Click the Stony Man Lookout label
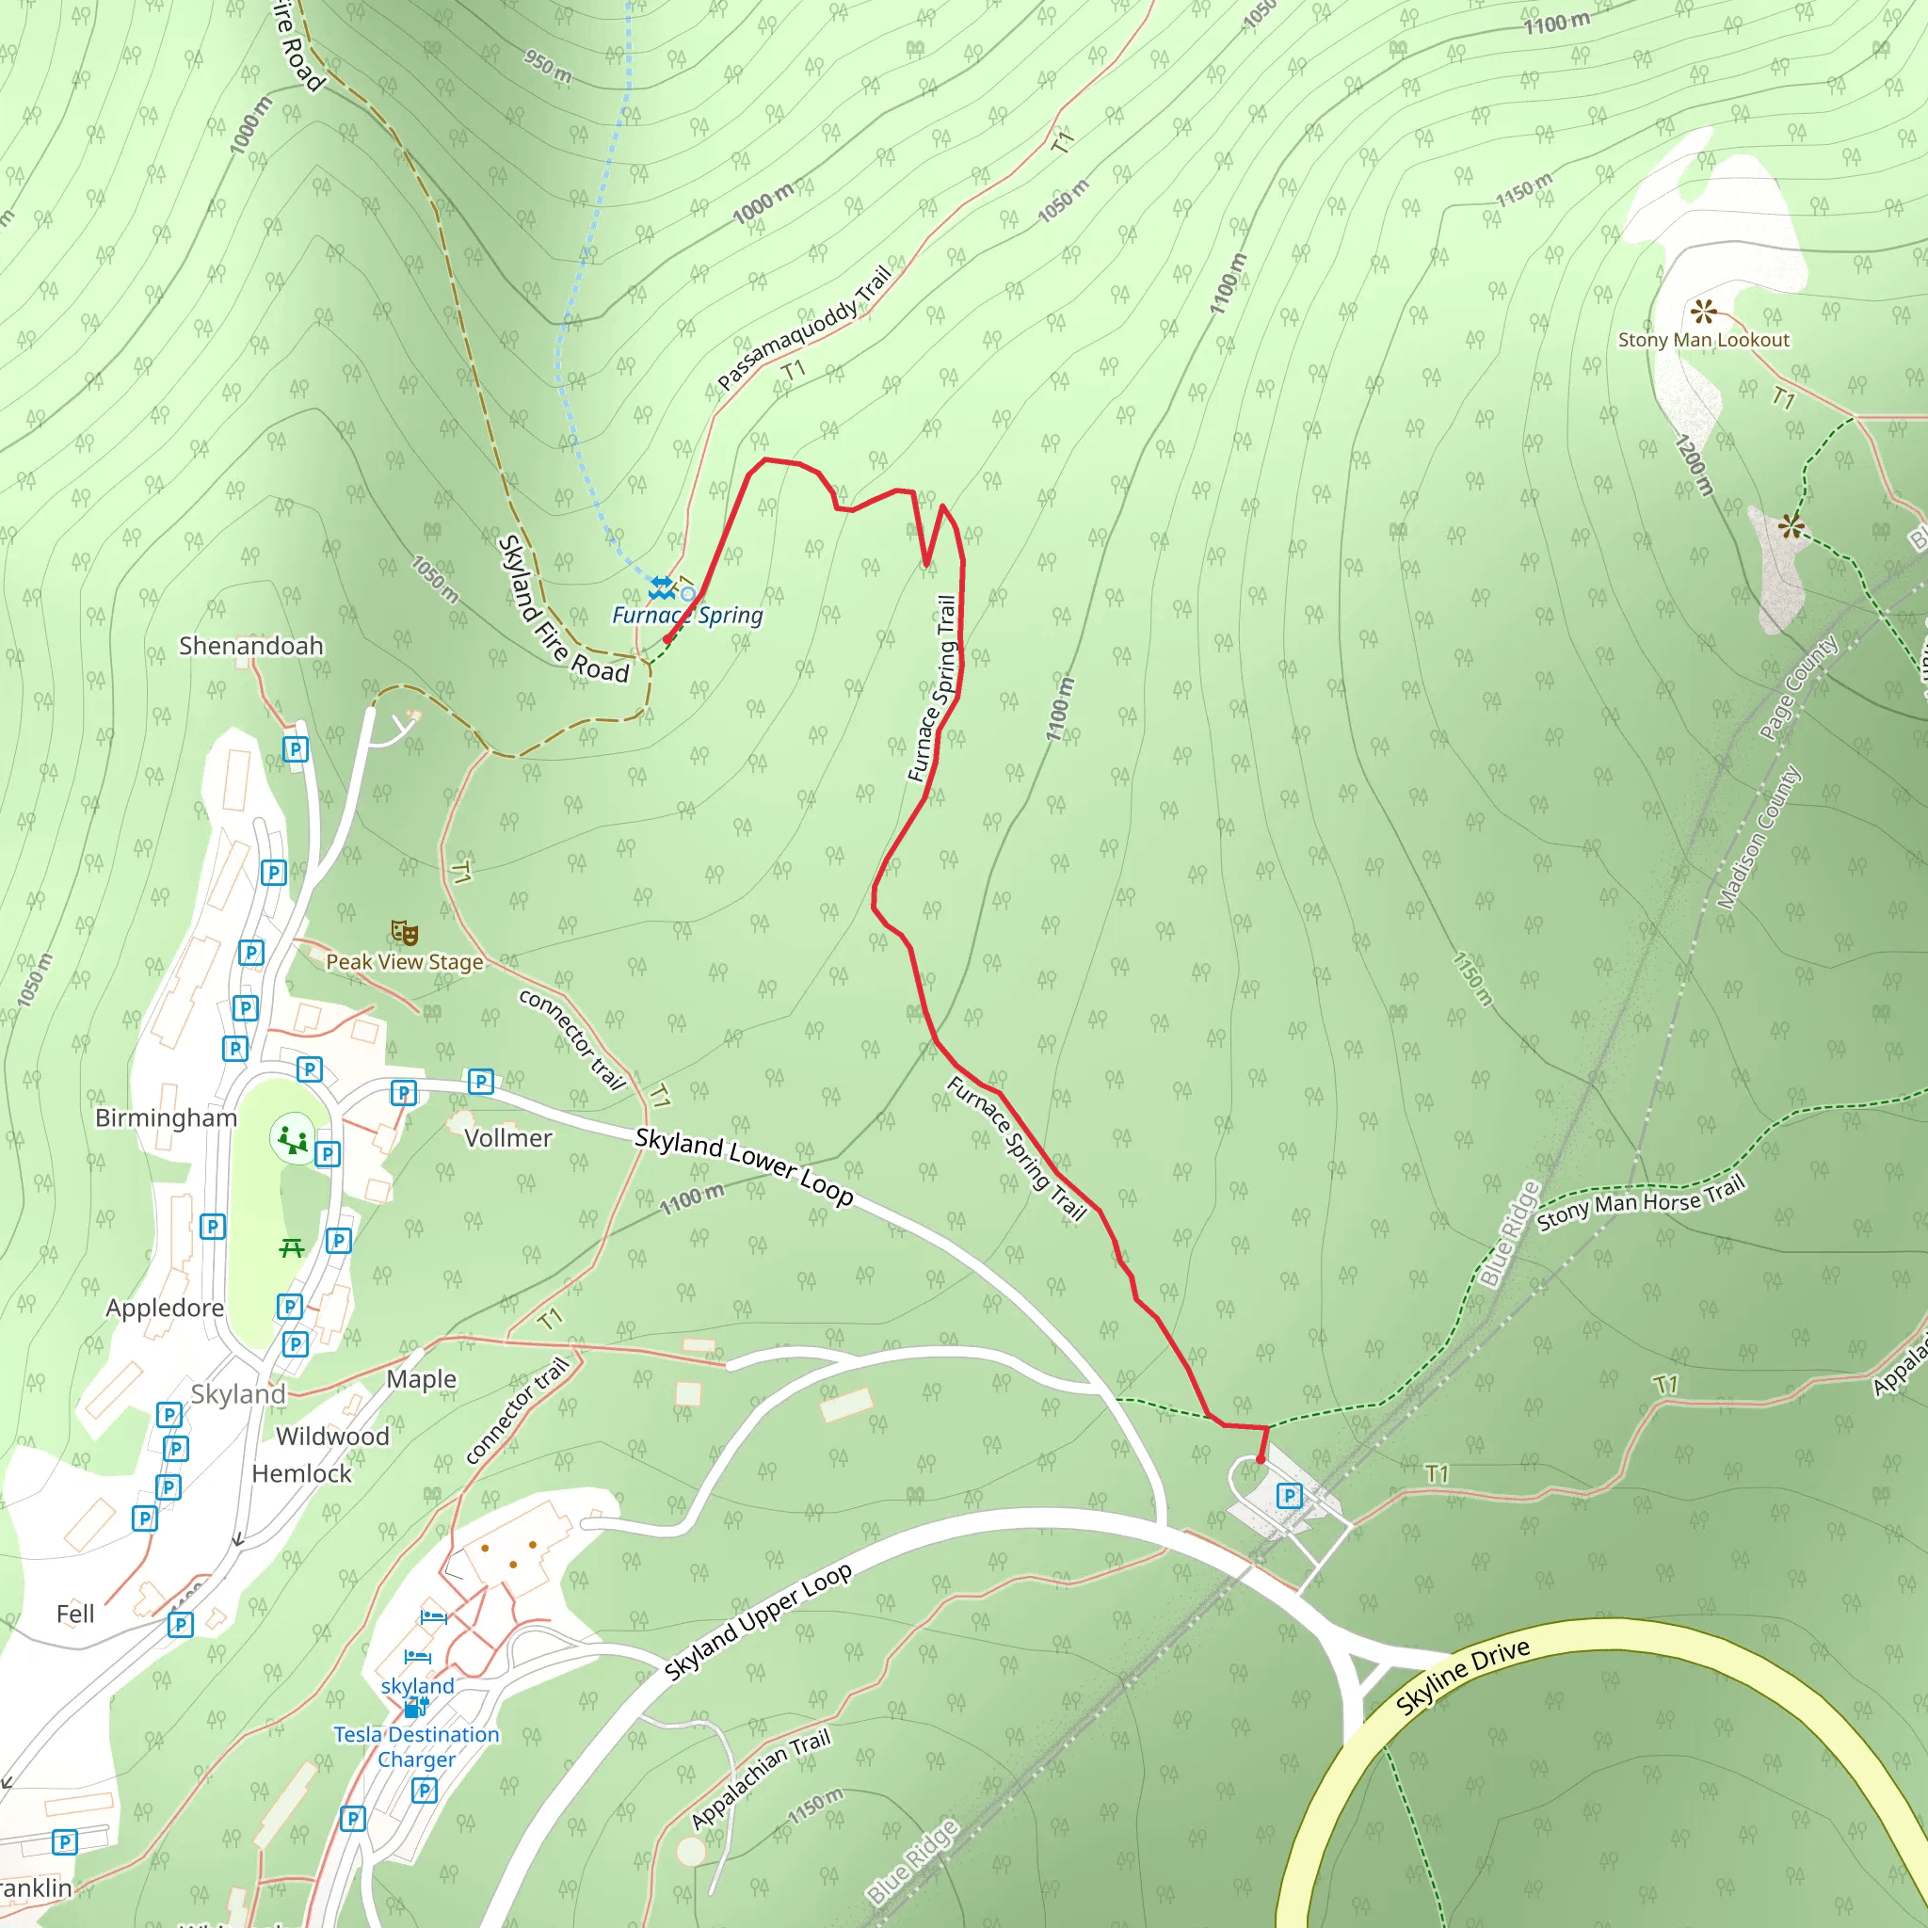click(1703, 340)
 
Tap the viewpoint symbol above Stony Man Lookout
click(1703, 312)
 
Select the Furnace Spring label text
click(687, 616)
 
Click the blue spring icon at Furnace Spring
click(662, 586)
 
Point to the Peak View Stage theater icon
click(404, 933)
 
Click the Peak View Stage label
click(404, 962)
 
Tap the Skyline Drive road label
click(1462, 1678)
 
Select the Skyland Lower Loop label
click(745, 1165)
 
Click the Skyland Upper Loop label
click(759, 1622)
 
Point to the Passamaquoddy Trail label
click(804, 329)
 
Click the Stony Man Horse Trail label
click(1641, 1202)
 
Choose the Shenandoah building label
click(251, 647)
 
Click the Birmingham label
click(166, 1118)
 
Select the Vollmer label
click(508, 1139)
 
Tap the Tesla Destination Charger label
click(416, 1747)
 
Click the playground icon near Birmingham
click(293, 1140)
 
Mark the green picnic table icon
click(292, 1247)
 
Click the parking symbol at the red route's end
click(1290, 1495)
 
